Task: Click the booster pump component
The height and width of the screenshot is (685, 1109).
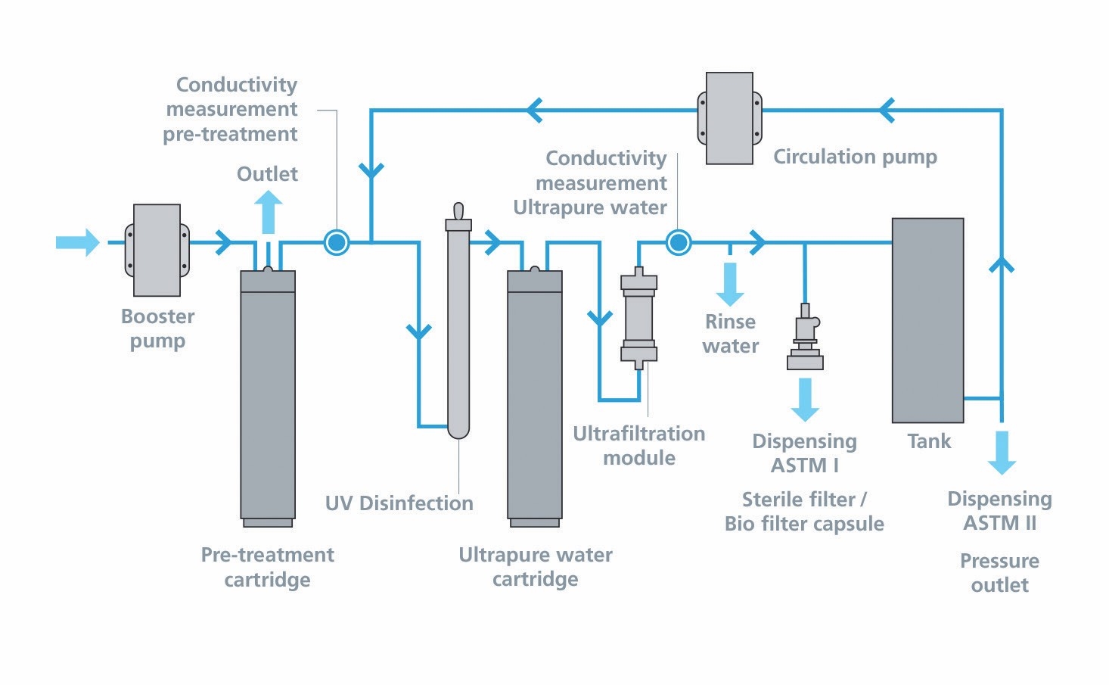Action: [157, 250]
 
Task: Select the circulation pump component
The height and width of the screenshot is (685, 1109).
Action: [729, 118]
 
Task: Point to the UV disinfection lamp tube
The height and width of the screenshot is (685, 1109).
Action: [458, 325]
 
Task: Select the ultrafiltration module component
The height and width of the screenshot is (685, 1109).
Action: [639, 318]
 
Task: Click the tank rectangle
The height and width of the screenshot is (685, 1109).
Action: [927, 320]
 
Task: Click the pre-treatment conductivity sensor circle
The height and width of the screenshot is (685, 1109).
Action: [337, 242]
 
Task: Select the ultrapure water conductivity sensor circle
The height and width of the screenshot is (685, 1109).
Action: [679, 242]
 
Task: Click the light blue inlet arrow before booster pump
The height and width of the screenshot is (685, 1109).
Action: [78, 242]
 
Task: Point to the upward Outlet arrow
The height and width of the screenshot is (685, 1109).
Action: [268, 211]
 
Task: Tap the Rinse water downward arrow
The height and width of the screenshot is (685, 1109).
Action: [730, 284]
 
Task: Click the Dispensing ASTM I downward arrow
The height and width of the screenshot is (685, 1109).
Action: [805, 400]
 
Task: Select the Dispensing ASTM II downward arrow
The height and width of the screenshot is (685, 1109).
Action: [1002, 452]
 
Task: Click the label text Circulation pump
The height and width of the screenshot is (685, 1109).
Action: [855, 157]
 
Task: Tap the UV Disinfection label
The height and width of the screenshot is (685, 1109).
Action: [399, 503]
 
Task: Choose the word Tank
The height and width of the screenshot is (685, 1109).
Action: [929, 441]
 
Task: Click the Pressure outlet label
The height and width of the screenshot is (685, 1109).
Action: [999, 573]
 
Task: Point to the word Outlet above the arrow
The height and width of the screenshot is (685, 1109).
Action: [267, 174]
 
